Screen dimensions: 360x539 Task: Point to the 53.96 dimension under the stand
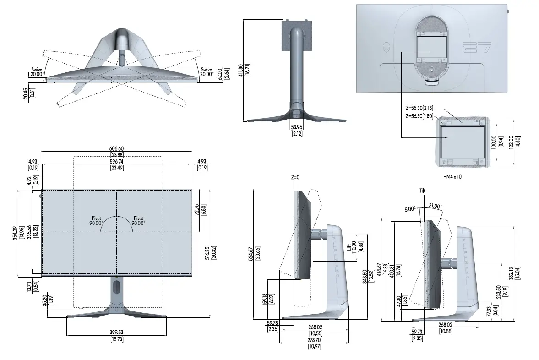point(297,127)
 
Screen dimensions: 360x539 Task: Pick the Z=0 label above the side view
point(295,177)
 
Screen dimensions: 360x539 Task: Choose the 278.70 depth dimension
point(314,341)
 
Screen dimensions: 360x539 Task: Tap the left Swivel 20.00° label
point(37,71)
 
